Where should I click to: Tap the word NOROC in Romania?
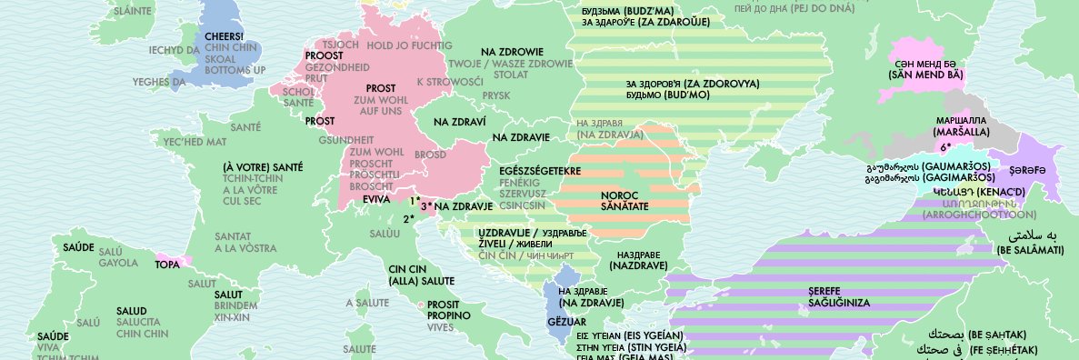(x=620, y=195)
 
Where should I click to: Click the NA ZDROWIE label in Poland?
(x=512, y=52)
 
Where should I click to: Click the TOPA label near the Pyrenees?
(x=167, y=265)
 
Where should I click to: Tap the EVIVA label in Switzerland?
(x=375, y=198)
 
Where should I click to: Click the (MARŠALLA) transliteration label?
(x=961, y=132)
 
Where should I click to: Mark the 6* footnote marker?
(x=945, y=147)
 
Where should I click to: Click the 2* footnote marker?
(x=408, y=219)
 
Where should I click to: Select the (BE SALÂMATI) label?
(x=1030, y=249)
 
